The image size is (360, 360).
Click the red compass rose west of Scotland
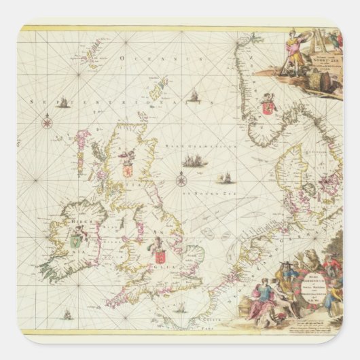[47, 123]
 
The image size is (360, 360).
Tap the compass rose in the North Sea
[181, 180]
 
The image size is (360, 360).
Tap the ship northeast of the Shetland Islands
[193, 96]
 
